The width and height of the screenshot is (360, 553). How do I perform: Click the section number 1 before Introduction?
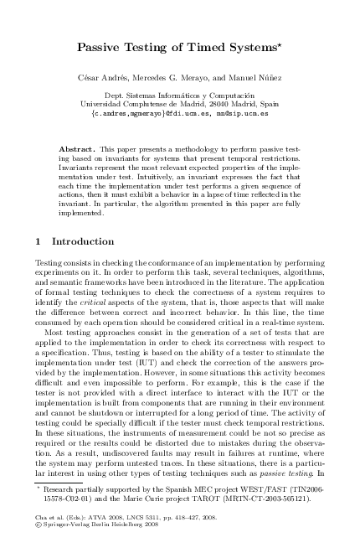(42, 242)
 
